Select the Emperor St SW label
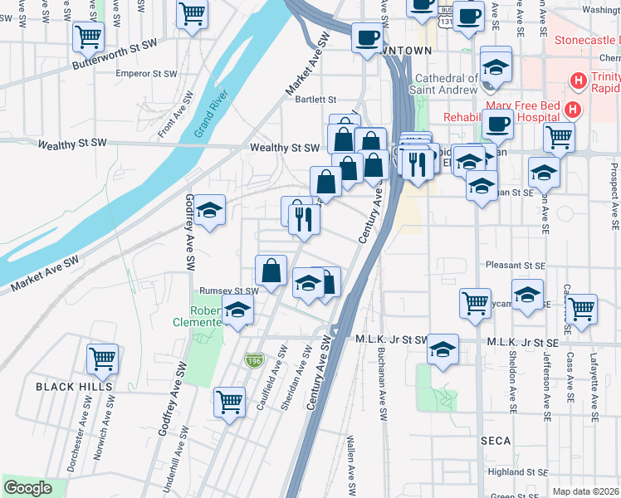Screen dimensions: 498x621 [x=148, y=73]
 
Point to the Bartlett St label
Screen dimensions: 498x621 [x=315, y=100]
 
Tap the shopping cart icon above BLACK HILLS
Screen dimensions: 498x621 [x=102, y=359]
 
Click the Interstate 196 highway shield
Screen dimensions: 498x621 [x=253, y=359]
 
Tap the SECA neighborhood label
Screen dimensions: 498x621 [x=495, y=441]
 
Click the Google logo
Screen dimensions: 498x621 [x=27, y=488]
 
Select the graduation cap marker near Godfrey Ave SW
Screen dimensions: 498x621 [x=210, y=210]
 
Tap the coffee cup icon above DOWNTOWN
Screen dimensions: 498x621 [x=366, y=37]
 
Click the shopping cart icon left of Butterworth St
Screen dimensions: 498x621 [x=87, y=36]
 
